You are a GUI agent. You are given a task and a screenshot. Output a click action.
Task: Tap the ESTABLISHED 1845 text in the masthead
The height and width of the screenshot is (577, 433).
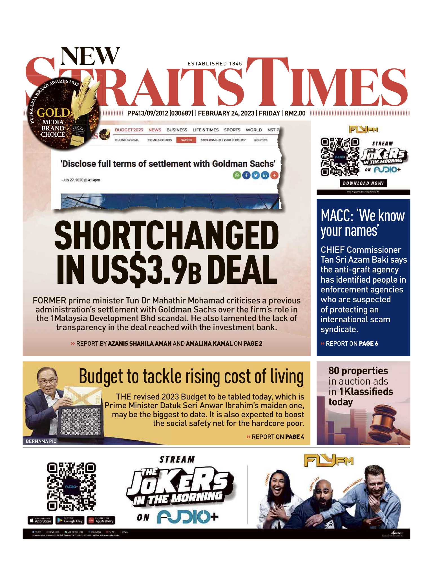pyautogui.click(x=215, y=64)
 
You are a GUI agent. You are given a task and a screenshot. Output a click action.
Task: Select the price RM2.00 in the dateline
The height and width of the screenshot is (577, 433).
pyautogui.click(x=295, y=113)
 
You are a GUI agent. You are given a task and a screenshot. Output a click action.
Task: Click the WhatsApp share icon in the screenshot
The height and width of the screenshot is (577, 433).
pyautogui.click(x=237, y=176)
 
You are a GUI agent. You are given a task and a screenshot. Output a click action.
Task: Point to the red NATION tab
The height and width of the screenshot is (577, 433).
pyautogui.click(x=186, y=140)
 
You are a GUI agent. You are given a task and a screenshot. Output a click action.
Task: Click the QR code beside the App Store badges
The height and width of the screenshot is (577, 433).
pyautogui.click(x=71, y=487)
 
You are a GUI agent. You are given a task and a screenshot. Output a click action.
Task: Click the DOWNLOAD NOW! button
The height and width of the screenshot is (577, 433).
pyautogui.click(x=363, y=183)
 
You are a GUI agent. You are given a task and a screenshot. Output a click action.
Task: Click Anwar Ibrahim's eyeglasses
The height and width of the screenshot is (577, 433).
pyautogui.click(x=47, y=382)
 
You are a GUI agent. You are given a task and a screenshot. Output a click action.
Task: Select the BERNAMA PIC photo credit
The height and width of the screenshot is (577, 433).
pyautogui.click(x=41, y=441)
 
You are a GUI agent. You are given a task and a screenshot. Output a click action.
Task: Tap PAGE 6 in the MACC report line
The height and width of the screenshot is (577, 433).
pyautogui.click(x=368, y=344)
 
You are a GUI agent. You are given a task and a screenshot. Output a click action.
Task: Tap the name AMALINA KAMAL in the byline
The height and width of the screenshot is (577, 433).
pyautogui.click(x=209, y=344)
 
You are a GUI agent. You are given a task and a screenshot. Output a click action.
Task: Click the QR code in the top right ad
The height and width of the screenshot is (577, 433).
pyautogui.click(x=340, y=157)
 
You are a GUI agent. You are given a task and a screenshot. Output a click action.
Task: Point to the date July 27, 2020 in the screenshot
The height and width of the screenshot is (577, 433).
pyautogui.click(x=81, y=180)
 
